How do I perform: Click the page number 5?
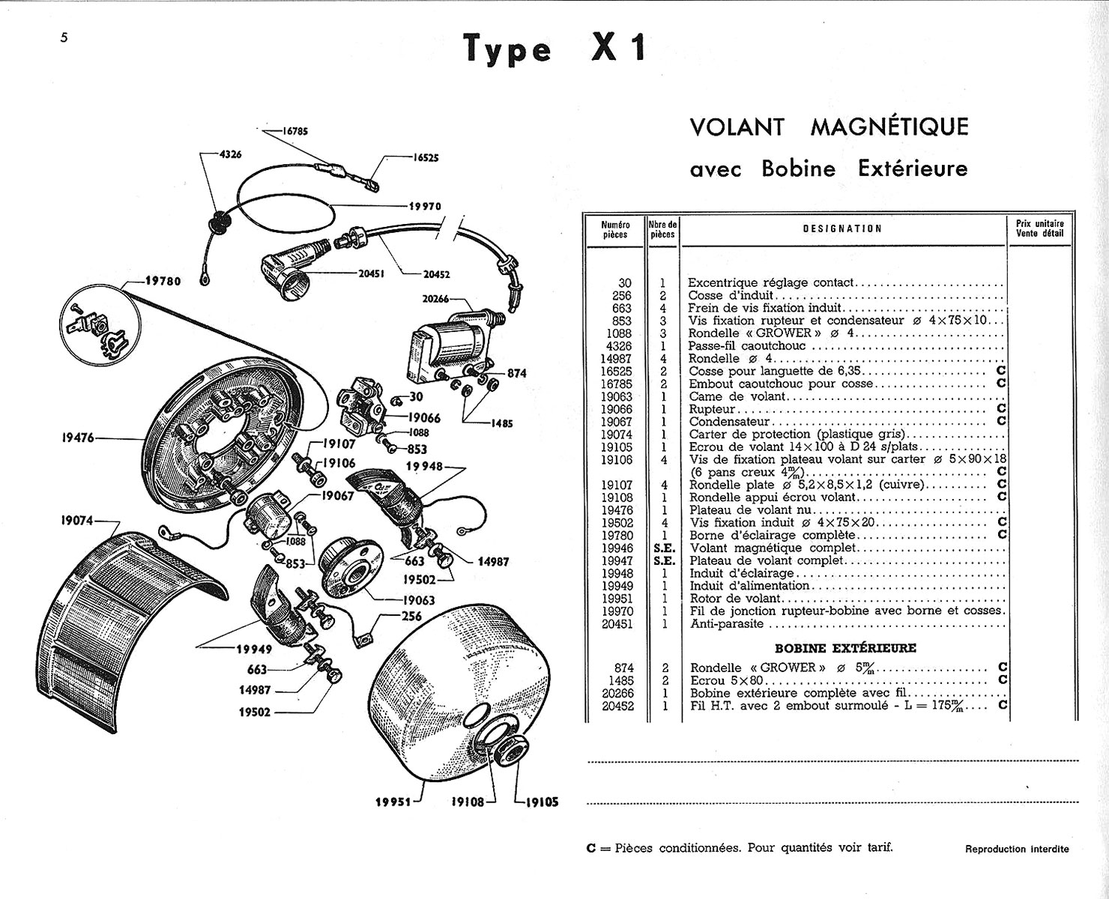tap(65, 39)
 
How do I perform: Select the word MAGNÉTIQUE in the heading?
tap(889, 127)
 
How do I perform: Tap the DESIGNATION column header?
tap(842, 228)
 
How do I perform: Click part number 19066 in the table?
tap(617, 409)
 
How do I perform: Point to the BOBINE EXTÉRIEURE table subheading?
tap(844, 647)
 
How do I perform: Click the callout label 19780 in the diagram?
tap(164, 282)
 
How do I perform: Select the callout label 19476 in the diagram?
tap(77, 438)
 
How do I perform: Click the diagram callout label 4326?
tap(229, 154)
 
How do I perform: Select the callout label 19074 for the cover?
tap(77, 518)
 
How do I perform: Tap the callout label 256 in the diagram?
tap(411, 616)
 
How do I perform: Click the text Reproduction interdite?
tap(1017, 849)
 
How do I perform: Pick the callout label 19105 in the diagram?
tap(541, 802)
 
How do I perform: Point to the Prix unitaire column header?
tap(1039, 228)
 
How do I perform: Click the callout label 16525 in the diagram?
tap(426, 158)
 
